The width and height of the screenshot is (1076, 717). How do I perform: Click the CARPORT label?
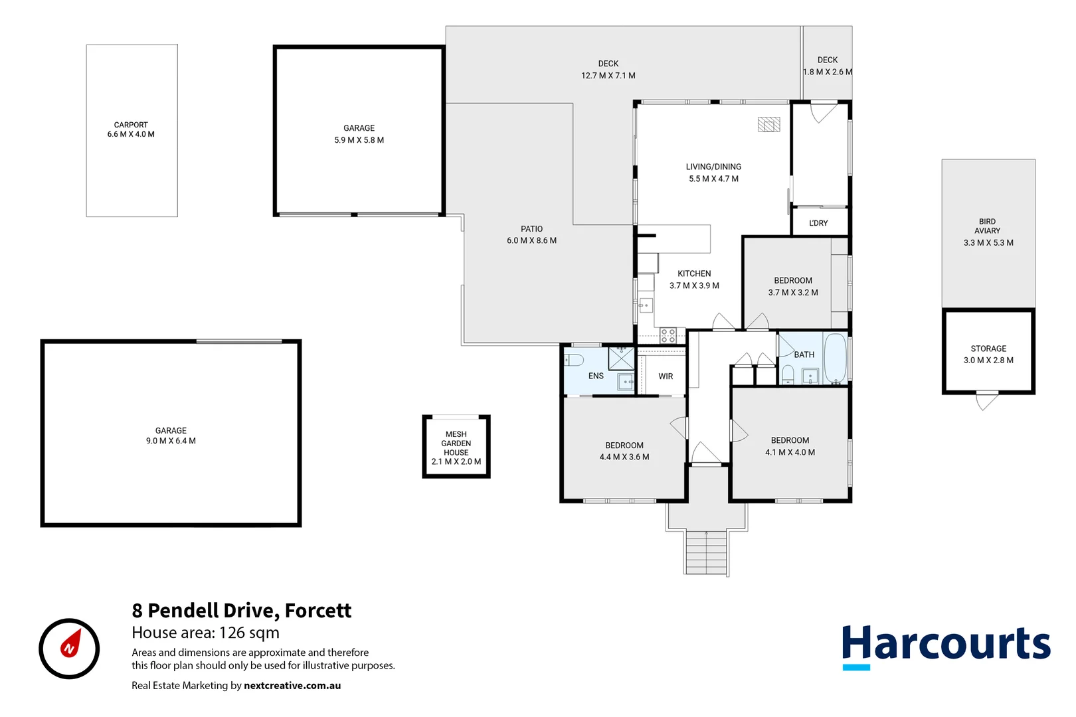(x=131, y=125)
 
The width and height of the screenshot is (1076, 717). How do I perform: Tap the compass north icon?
(x=69, y=648)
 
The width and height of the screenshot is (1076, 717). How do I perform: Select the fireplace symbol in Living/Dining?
(x=769, y=125)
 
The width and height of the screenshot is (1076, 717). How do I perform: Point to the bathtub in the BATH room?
(x=835, y=358)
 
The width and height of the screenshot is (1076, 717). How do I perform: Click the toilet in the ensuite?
(x=574, y=360)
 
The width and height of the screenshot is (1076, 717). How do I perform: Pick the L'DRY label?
(x=818, y=223)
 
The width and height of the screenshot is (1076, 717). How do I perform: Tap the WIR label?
(x=666, y=376)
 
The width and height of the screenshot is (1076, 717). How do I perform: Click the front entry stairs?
(x=706, y=552)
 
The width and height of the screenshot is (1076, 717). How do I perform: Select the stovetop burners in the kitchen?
(x=668, y=335)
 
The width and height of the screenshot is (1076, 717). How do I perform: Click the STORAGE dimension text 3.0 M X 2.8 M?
(x=988, y=360)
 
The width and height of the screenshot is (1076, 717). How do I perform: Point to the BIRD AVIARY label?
(x=988, y=226)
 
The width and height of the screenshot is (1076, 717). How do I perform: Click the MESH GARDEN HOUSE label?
(x=456, y=443)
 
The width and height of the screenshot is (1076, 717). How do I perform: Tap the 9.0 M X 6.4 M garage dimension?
(x=171, y=441)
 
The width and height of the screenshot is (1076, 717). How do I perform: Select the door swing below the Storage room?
(x=986, y=401)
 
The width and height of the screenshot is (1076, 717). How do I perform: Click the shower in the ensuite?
(x=622, y=358)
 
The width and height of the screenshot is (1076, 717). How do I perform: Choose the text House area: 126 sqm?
(x=205, y=633)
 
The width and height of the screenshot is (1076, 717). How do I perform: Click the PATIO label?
(x=531, y=229)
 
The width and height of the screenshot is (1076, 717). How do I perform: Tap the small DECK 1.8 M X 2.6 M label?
(x=828, y=66)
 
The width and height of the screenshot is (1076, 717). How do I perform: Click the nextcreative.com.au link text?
(x=292, y=686)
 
